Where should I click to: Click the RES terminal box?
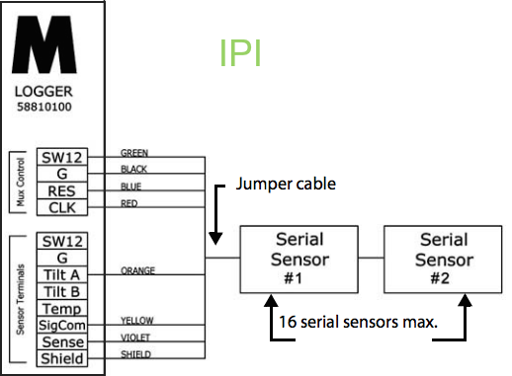pos(62,189)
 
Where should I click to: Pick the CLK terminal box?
pos(62,206)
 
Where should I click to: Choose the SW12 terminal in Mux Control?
pos(62,157)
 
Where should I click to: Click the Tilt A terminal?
pos(62,274)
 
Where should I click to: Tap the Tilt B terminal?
pos(62,291)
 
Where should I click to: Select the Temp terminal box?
pos(62,308)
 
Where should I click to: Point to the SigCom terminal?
pos(62,325)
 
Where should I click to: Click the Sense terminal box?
pos(62,341)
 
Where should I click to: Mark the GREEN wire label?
pos(134,153)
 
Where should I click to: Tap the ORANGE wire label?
pos(136,269)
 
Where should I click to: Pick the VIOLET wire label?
pos(134,337)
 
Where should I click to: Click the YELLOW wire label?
pos(136,320)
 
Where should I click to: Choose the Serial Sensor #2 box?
pos(444,259)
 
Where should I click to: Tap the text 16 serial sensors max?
pos(357,321)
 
